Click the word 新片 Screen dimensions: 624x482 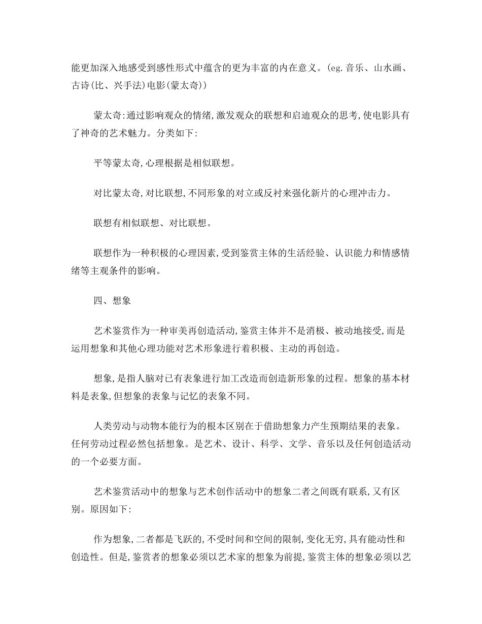point(312,193)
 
